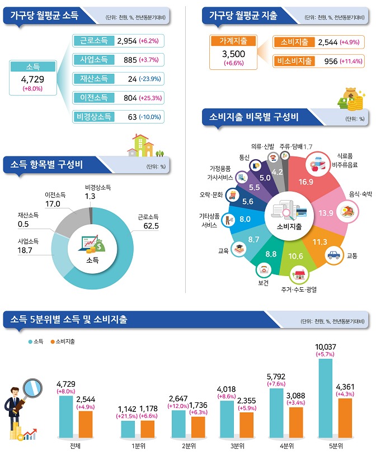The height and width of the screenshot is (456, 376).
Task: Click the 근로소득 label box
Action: [x=93, y=41]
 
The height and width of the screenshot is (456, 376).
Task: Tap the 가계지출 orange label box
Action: [x=233, y=41]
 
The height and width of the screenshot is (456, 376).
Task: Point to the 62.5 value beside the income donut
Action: [x=152, y=226]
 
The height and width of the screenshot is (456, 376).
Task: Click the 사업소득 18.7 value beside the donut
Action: [x=25, y=249]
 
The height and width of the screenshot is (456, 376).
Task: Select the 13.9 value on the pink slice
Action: [x=326, y=213]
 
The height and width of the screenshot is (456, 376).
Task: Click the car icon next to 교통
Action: [x=333, y=255]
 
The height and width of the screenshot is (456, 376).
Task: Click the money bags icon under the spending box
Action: [x=351, y=98]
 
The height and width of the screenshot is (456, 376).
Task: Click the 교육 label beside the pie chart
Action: [x=223, y=251]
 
